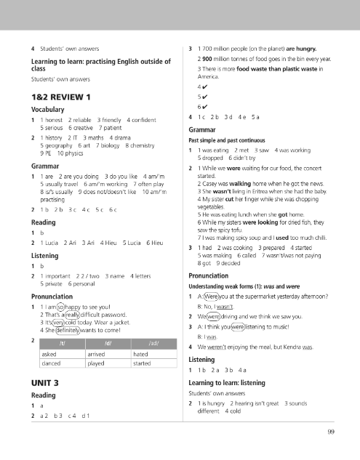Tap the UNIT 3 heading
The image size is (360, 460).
45,382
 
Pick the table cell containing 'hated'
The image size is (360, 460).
143,349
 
